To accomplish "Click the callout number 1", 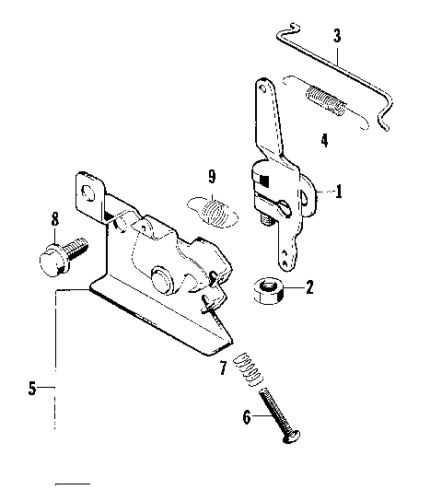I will click(339, 192).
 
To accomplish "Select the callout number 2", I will click(309, 286).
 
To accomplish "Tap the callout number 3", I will click(337, 37).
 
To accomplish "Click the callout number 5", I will click(33, 388).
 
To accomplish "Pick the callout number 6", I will click(246, 416).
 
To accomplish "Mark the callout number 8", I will click(54, 219).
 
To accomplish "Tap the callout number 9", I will click(211, 175).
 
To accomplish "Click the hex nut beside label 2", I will click(268, 291).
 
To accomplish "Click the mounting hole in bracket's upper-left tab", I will click(90, 192).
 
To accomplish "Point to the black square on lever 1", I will click(262, 181).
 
